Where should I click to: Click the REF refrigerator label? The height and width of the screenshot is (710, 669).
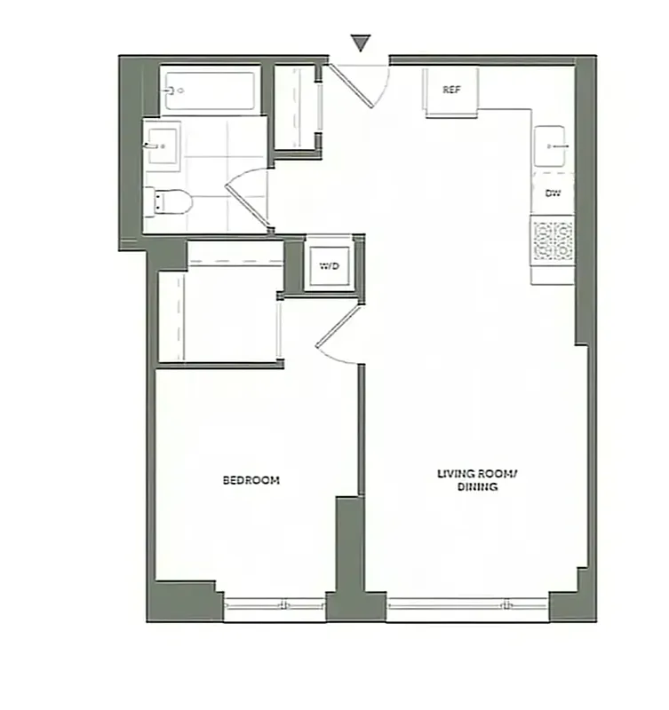coord(452,90)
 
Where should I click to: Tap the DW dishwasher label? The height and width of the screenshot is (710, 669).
coord(552,193)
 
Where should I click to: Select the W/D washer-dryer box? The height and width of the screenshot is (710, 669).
coord(329,265)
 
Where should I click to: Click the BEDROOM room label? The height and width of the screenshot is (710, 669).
coord(251,480)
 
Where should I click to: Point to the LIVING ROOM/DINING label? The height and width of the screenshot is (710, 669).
coord(476,480)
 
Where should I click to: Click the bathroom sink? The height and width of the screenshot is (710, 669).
coord(163,145)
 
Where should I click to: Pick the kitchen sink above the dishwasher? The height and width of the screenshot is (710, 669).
coord(553,145)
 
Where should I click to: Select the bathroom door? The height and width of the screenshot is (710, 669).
coord(249,201)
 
